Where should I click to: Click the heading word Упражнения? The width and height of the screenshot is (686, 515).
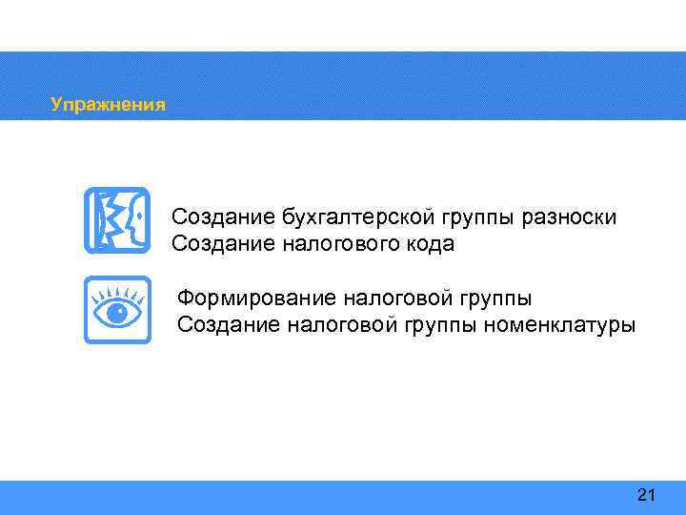108,104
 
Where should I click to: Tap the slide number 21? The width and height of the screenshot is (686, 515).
646,494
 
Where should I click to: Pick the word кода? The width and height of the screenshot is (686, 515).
430,244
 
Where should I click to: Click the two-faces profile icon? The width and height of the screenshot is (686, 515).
117,220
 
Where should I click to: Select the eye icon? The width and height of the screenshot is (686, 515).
117,310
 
